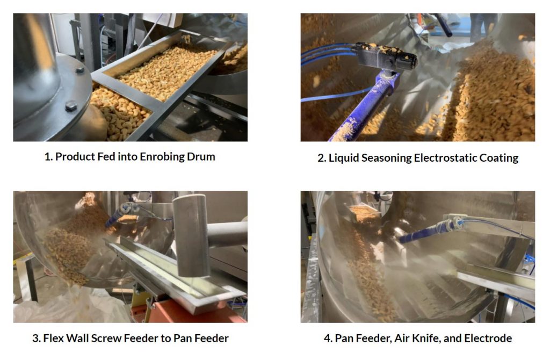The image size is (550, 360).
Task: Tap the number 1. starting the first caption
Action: coord(48,157)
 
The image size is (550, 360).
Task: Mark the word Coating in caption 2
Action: coord(499,158)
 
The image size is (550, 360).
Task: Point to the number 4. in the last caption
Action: coord(328,339)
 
